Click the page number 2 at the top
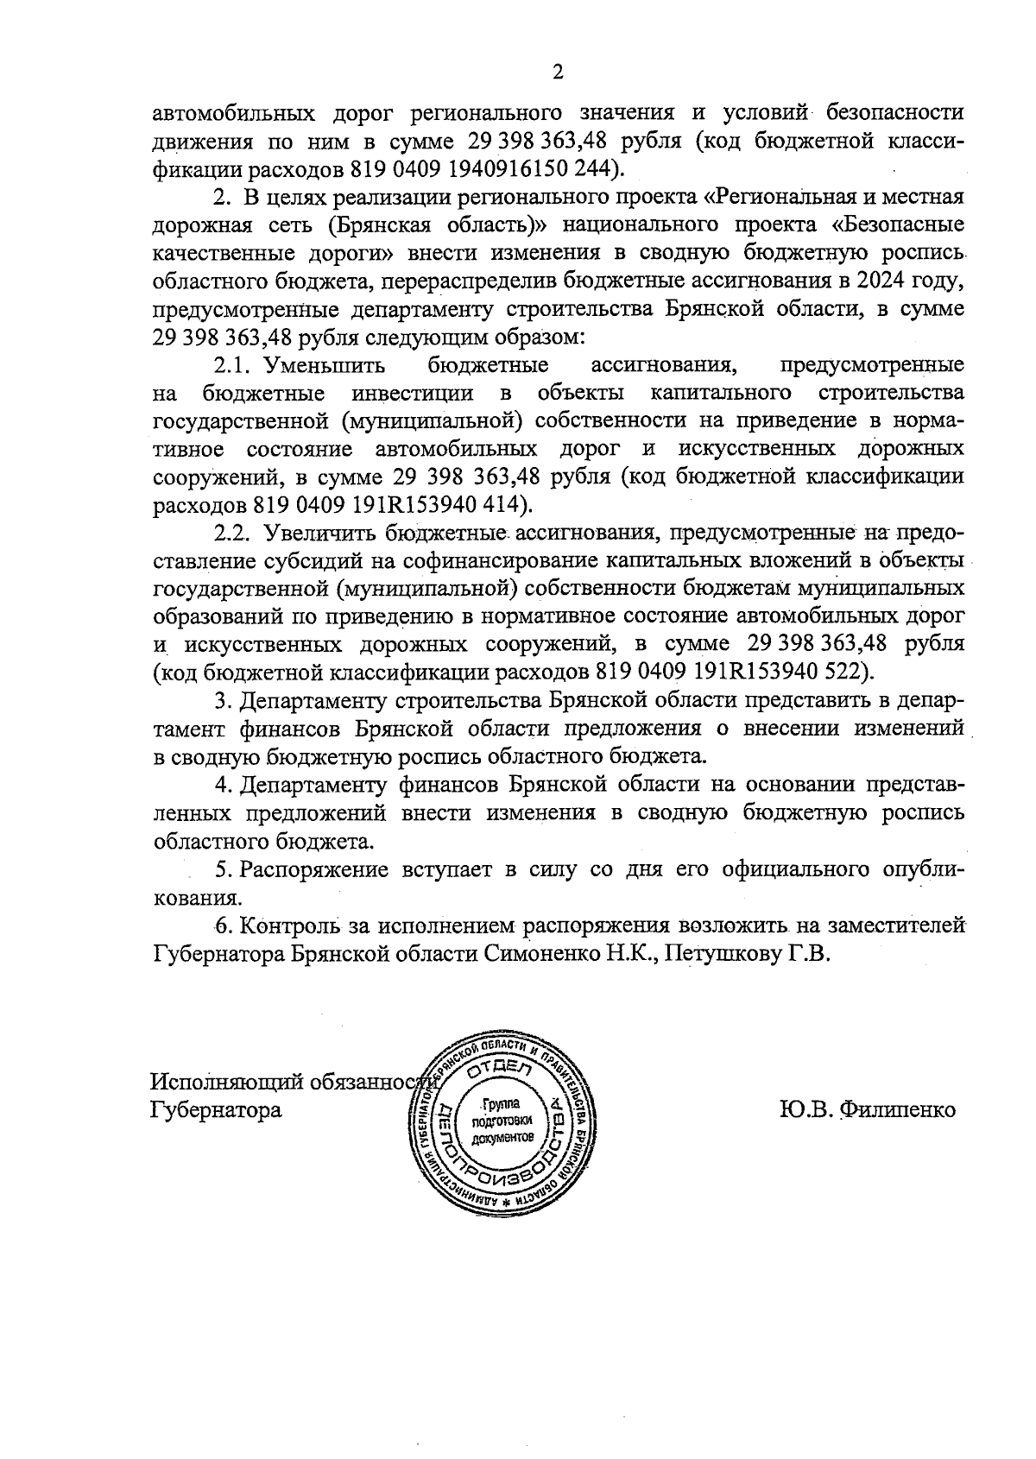click(558, 73)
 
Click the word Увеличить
click(323, 534)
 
